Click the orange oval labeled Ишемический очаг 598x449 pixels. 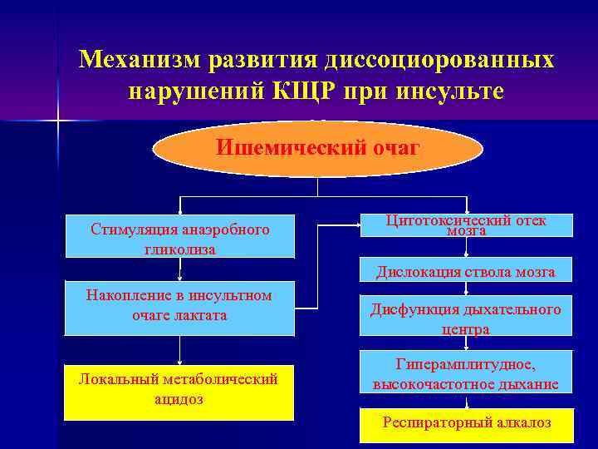[x=318, y=149]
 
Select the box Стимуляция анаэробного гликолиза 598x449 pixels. [x=179, y=239]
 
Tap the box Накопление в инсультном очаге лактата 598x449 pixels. [x=179, y=306]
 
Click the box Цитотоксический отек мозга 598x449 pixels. [x=466, y=225]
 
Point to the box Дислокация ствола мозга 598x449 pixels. [x=466, y=271]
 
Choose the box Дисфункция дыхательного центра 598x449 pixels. [x=466, y=318]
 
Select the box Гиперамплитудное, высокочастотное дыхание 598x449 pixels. [x=466, y=374]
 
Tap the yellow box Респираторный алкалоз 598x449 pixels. [x=466, y=423]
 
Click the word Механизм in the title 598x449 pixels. [x=140, y=60]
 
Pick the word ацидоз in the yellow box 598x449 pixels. [x=179, y=400]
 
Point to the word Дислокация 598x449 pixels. [x=417, y=272]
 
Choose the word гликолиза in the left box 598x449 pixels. [x=179, y=249]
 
